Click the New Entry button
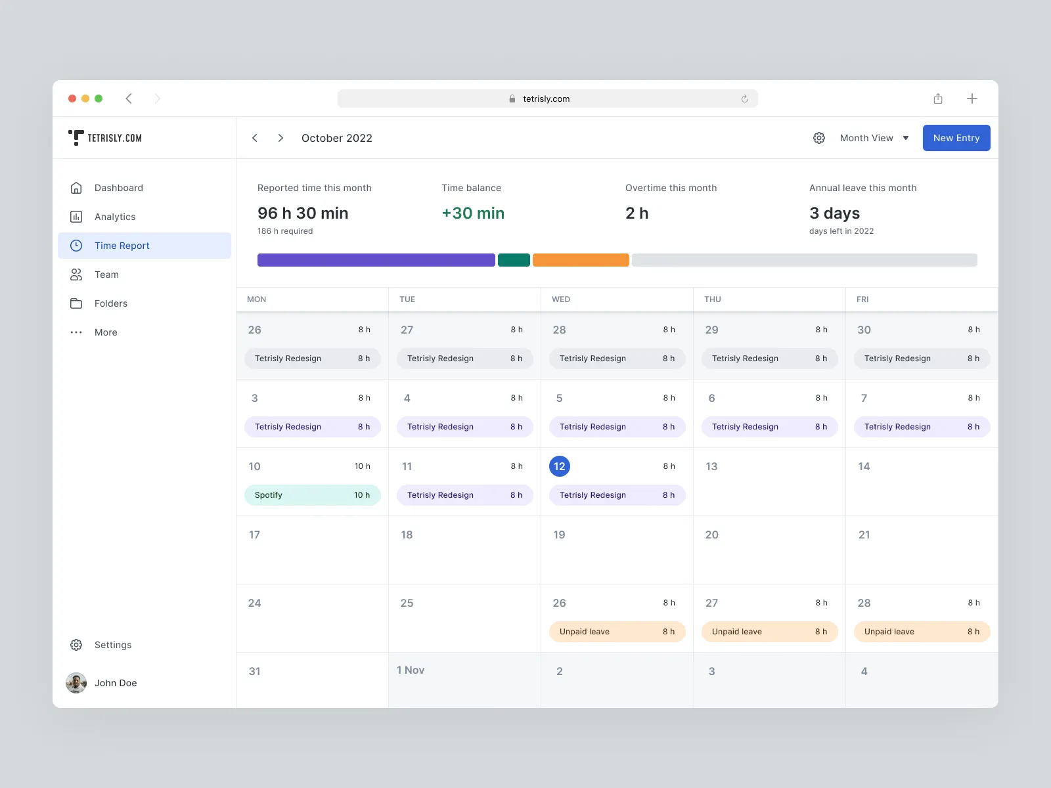point(956,138)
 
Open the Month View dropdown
point(874,138)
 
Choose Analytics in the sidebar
point(115,217)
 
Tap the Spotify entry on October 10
point(312,495)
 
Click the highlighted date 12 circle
point(560,466)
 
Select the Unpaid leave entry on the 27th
point(769,632)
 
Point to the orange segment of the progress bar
point(581,260)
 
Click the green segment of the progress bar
point(514,260)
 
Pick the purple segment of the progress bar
point(376,260)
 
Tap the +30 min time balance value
point(473,213)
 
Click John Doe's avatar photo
point(76,683)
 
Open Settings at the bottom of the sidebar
point(112,645)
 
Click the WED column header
point(561,299)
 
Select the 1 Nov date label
point(411,670)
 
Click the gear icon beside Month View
point(819,138)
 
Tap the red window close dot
point(72,98)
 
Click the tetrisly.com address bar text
point(546,99)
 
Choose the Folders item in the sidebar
point(110,303)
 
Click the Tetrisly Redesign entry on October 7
point(922,427)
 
